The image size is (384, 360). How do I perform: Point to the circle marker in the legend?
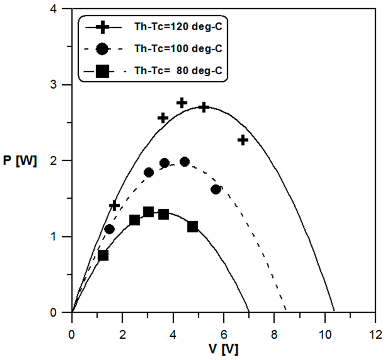102,49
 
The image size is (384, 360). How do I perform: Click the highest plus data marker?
182,103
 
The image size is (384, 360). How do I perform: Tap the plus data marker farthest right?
243,140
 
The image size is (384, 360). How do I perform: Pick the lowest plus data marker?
114,205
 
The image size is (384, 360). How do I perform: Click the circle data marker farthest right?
216,189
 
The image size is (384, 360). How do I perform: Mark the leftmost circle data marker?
109,229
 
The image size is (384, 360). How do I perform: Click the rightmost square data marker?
193,226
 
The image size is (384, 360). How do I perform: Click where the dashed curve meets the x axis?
286,311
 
